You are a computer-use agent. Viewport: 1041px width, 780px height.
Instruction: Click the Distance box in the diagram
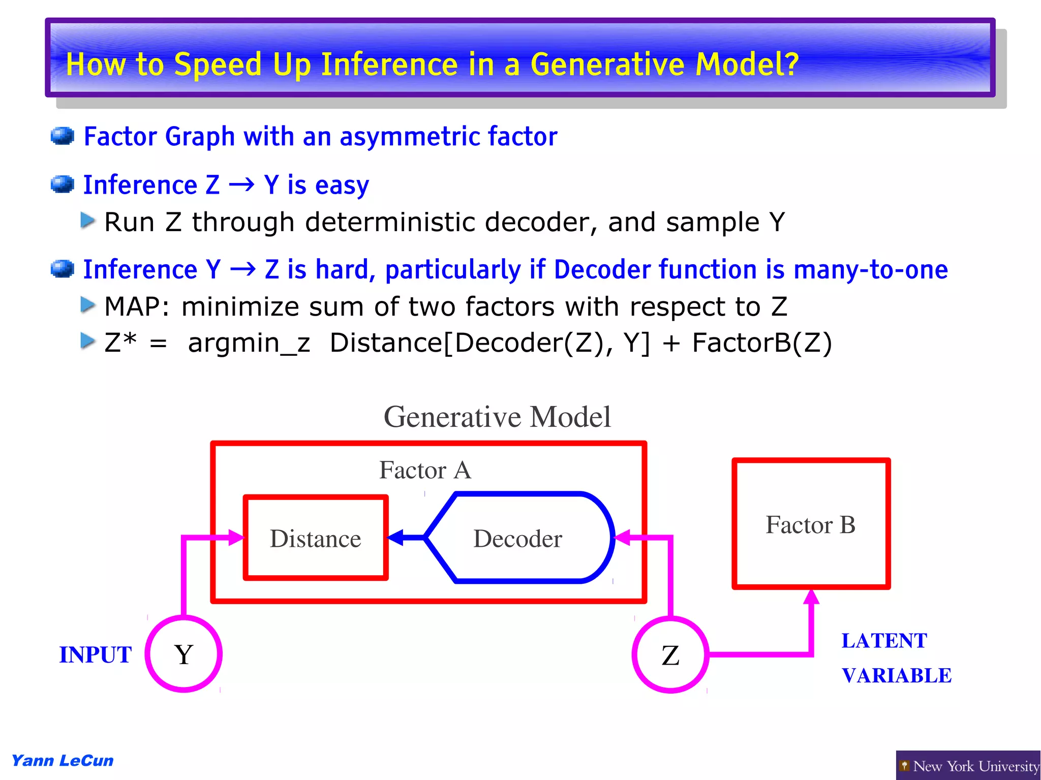pos(316,538)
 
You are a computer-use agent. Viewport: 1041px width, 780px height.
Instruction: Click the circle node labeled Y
pos(183,654)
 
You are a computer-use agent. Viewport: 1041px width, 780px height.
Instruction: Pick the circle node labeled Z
pos(670,654)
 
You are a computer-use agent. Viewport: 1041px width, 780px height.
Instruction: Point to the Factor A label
pos(425,470)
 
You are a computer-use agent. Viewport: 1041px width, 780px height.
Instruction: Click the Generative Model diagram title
pos(497,417)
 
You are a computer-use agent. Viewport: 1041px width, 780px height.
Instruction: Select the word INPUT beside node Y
pos(96,654)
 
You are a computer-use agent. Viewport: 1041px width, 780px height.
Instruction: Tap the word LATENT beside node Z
pos(884,640)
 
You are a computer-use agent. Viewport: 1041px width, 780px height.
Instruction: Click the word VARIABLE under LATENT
pos(897,675)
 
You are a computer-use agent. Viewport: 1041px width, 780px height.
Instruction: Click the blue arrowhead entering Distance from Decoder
pos(396,537)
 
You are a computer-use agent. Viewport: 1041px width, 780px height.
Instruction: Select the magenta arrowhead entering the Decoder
pos(623,537)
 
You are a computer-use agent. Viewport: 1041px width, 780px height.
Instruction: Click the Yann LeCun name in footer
pos(63,761)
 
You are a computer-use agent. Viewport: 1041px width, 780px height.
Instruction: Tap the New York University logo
pos(968,765)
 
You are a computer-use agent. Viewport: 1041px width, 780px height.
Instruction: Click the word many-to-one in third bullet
pos(870,269)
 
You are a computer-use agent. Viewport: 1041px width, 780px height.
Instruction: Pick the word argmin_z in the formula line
pos(249,342)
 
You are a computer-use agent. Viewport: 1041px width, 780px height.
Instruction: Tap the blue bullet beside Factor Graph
pos(63,136)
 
